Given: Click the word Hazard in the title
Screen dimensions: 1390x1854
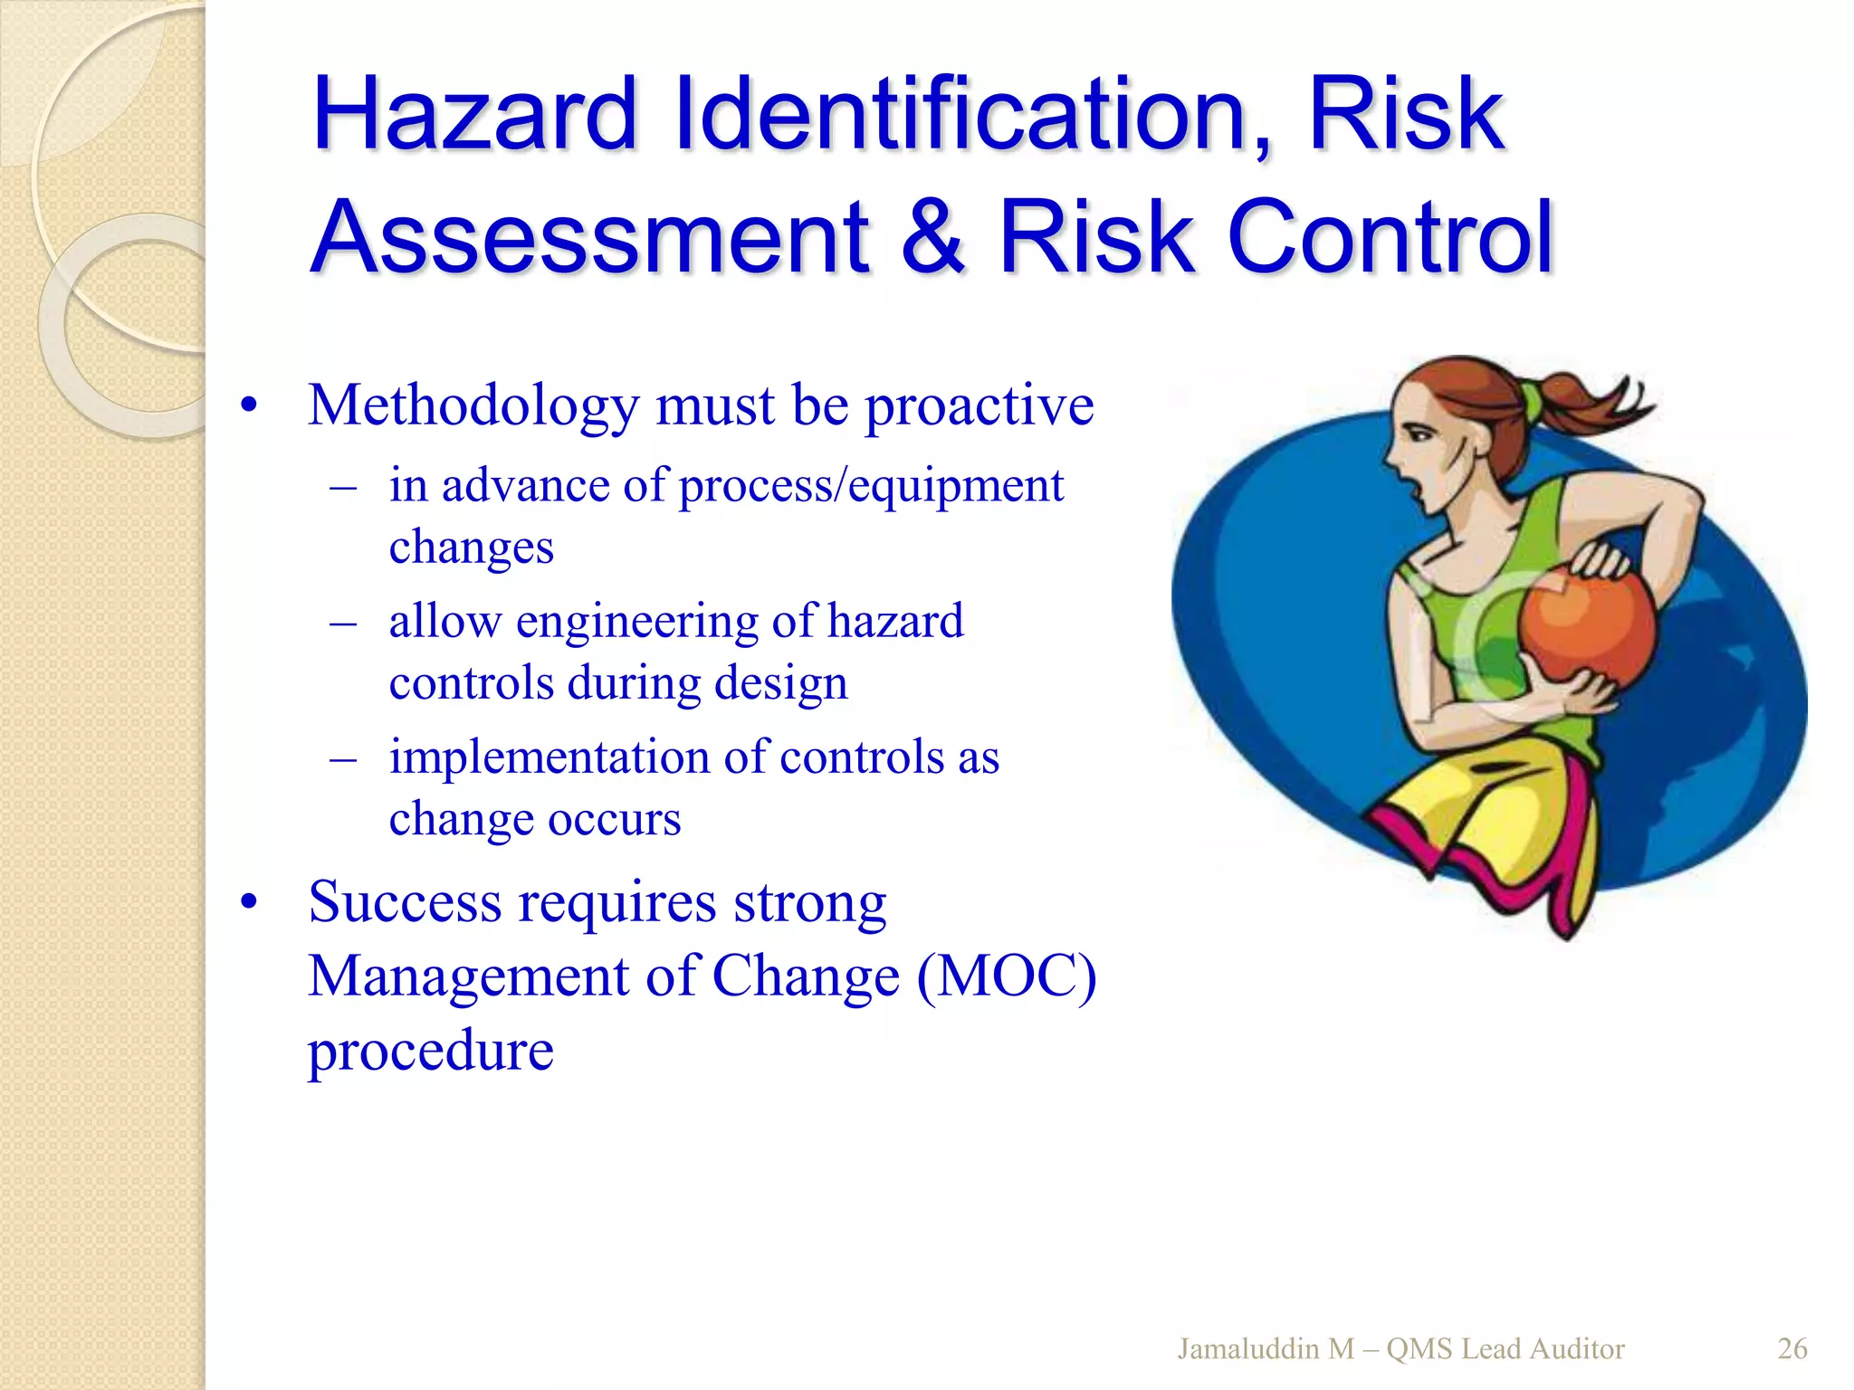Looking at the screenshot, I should [x=475, y=115].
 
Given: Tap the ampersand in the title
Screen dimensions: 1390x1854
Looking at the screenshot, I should [x=933, y=237].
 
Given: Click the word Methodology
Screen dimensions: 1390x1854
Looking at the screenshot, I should [x=473, y=406].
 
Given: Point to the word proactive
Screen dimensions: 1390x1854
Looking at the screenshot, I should [x=980, y=406].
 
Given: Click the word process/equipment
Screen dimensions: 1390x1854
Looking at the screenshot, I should [x=871, y=486].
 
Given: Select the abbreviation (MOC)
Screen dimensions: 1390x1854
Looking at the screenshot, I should [x=1006, y=977].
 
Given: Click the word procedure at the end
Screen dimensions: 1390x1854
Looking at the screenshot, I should [x=431, y=1051].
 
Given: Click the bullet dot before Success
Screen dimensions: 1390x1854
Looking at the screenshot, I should [x=250, y=902].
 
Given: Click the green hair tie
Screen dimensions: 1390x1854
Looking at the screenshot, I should [x=1531, y=398].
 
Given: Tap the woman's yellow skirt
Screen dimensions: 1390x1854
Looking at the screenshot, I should [x=1485, y=814].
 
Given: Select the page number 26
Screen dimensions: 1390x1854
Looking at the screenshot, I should [x=1792, y=1349].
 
